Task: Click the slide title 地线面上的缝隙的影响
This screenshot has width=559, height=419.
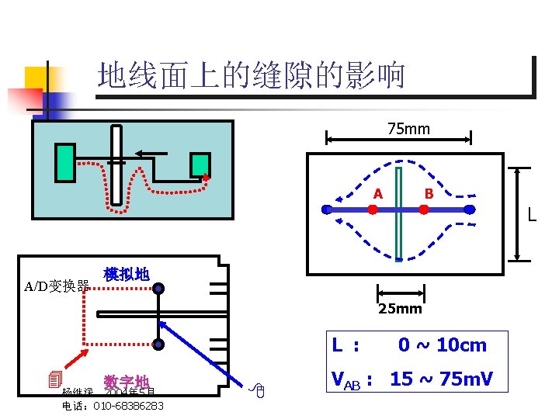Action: coord(252,76)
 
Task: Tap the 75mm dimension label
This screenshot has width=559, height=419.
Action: coord(408,128)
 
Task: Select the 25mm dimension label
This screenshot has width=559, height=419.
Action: coord(400,309)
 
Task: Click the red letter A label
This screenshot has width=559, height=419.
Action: coord(377,193)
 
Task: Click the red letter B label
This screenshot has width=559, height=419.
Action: coord(429,193)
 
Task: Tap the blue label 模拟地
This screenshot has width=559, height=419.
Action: coord(126,274)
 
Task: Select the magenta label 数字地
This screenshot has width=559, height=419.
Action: coord(127,382)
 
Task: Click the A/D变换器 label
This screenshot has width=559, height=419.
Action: coord(56,286)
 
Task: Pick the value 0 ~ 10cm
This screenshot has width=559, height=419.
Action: coord(442,345)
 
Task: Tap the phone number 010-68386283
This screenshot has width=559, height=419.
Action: coord(128,406)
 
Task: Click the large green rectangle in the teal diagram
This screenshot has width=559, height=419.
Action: coord(65,163)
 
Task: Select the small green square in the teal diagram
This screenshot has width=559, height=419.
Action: coord(200,164)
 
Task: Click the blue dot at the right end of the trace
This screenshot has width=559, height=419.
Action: coord(470,209)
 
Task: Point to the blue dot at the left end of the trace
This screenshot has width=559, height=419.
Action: coord(327,209)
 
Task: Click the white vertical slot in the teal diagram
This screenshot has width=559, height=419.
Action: coord(116,166)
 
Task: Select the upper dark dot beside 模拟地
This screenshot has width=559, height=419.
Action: coord(158,289)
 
